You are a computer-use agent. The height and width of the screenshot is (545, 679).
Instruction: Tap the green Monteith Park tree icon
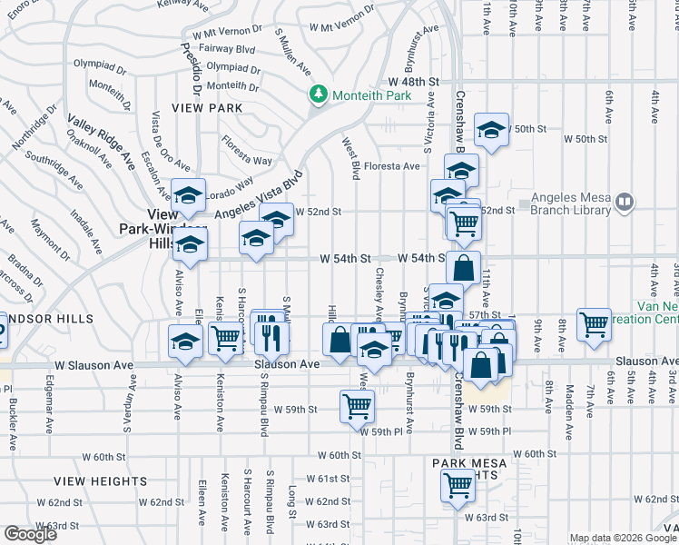click(319, 94)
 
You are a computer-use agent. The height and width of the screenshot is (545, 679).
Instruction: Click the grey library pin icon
click(624, 203)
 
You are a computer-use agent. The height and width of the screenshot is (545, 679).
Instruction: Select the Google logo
click(30, 534)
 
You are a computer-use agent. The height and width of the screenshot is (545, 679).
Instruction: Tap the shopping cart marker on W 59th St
click(357, 405)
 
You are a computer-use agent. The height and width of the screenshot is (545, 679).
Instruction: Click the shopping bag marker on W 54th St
click(463, 266)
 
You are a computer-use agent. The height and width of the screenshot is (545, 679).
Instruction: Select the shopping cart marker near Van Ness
click(594, 324)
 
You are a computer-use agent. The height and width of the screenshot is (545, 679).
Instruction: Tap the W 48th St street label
click(408, 83)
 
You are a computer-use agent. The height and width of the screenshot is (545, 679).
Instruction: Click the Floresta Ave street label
click(392, 166)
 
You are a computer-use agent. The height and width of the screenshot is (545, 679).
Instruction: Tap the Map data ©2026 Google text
click(621, 538)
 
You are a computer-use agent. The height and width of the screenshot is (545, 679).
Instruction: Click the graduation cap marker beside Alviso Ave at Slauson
click(185, 342)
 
